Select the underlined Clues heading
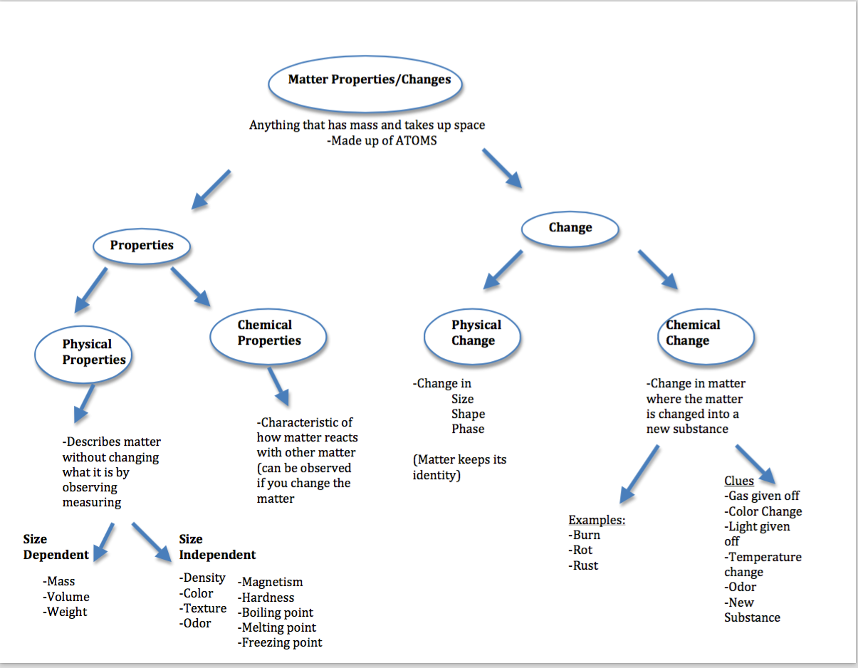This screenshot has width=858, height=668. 739,481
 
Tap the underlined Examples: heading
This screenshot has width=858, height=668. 597,520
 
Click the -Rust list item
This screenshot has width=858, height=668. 583,565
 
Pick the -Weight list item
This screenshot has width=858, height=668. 65,612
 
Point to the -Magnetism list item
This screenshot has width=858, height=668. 270,582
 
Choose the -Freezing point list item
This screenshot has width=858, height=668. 280,643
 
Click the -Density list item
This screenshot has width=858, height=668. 202,578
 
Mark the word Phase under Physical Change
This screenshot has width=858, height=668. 468,429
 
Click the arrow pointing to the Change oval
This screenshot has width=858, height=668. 502,169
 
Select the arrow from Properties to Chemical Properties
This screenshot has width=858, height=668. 190,287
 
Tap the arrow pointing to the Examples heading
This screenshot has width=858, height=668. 639,474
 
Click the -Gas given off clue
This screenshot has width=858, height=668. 762,496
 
